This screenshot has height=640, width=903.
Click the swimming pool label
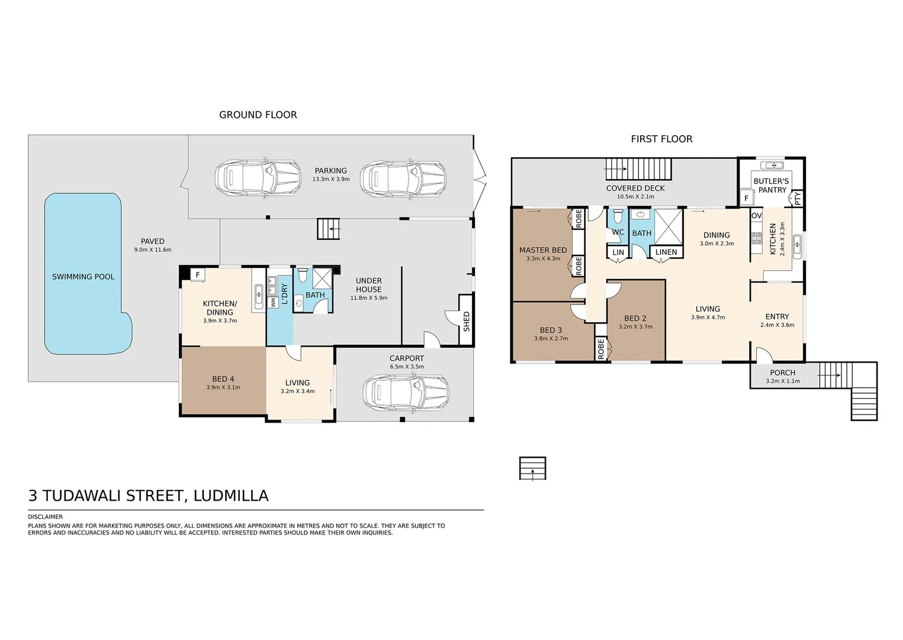coord(83,277)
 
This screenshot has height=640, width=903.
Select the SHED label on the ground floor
coord(467,321)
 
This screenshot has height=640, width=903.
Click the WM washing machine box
coord(273,302)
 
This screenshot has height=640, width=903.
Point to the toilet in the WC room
coord(618,216)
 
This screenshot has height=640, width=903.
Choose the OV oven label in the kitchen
coord(756,216)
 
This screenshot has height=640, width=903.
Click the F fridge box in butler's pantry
coord(746,199)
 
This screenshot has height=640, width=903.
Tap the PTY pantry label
coord(798,199)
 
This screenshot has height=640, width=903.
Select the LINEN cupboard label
coord(666,252)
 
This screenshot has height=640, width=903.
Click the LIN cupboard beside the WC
coord(618,252)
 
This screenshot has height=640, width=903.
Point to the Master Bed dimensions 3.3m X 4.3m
coord(543,258)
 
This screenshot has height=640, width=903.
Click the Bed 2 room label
coord(635,318)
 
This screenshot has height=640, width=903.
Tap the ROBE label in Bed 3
coord(600,349)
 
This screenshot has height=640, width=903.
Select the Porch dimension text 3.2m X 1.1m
coord(782,382)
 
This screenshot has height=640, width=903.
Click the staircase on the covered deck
coord(638,169)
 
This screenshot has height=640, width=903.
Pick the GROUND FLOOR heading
coord(258,115)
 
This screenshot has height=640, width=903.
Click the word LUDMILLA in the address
coord(231,495)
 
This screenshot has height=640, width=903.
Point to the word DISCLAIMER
coord(45,517)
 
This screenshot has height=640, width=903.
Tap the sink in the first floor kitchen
coord(797,246)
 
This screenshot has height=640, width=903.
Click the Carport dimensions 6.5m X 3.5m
coord(406,367)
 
